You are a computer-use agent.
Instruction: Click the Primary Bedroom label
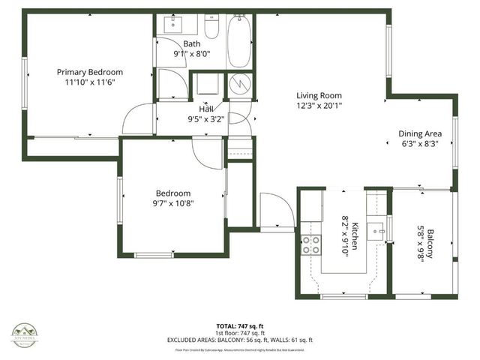coord(90,72)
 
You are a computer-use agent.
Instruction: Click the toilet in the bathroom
coord(211,28)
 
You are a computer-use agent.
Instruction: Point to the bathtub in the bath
coord(240,41)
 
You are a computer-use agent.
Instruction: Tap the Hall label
coord(205,109)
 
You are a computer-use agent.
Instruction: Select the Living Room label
coord(319,95)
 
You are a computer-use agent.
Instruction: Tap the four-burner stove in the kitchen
coord(310,244)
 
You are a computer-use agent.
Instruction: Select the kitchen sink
coord(382,228)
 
